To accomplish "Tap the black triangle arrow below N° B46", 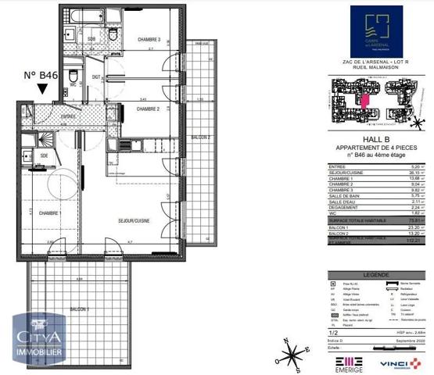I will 41,91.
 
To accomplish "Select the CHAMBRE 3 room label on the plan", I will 149,39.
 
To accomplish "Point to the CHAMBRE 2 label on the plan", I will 148,109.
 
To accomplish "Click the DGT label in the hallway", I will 96,77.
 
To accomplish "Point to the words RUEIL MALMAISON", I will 377,66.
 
